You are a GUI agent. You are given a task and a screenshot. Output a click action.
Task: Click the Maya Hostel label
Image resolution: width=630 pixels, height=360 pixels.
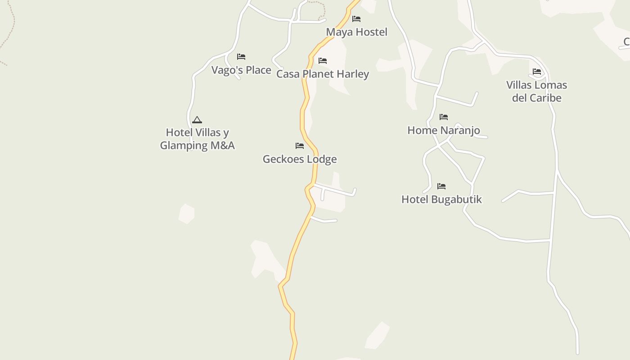pos(356,32)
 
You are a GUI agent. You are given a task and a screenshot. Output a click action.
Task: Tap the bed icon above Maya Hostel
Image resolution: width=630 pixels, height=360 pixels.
pos(356,19)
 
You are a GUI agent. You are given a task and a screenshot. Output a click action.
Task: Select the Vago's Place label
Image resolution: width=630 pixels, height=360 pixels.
pos(241,70)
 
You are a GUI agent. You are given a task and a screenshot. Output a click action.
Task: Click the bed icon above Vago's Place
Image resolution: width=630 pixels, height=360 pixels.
pos(241,57)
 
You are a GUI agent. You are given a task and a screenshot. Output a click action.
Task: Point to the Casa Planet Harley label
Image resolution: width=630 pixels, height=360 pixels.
pos(323,74)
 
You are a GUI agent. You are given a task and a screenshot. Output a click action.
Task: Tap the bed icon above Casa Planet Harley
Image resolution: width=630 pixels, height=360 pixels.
pos(323,61)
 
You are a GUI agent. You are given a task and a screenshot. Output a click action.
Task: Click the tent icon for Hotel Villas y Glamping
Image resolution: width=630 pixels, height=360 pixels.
pos(197,120)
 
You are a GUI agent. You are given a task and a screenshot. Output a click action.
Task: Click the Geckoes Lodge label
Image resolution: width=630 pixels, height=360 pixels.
pos(300,159)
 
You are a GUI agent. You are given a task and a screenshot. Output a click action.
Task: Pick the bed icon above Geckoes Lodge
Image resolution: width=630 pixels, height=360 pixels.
pos(300,146)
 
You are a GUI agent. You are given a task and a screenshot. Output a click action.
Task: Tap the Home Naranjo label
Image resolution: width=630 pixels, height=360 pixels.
pos(444,130)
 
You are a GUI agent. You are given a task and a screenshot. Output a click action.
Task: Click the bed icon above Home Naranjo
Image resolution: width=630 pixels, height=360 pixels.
pos(444,117)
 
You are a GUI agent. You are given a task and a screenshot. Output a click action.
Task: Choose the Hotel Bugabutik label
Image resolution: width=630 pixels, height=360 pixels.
pos(441,199)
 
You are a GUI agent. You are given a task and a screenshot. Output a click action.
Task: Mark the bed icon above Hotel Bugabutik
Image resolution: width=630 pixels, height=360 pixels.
pos(441,186)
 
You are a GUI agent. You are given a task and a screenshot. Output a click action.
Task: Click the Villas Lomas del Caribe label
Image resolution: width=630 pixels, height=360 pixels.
pos(536,91)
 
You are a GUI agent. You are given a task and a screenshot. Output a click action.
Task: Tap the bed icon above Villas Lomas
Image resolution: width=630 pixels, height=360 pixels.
pos(536,72)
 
